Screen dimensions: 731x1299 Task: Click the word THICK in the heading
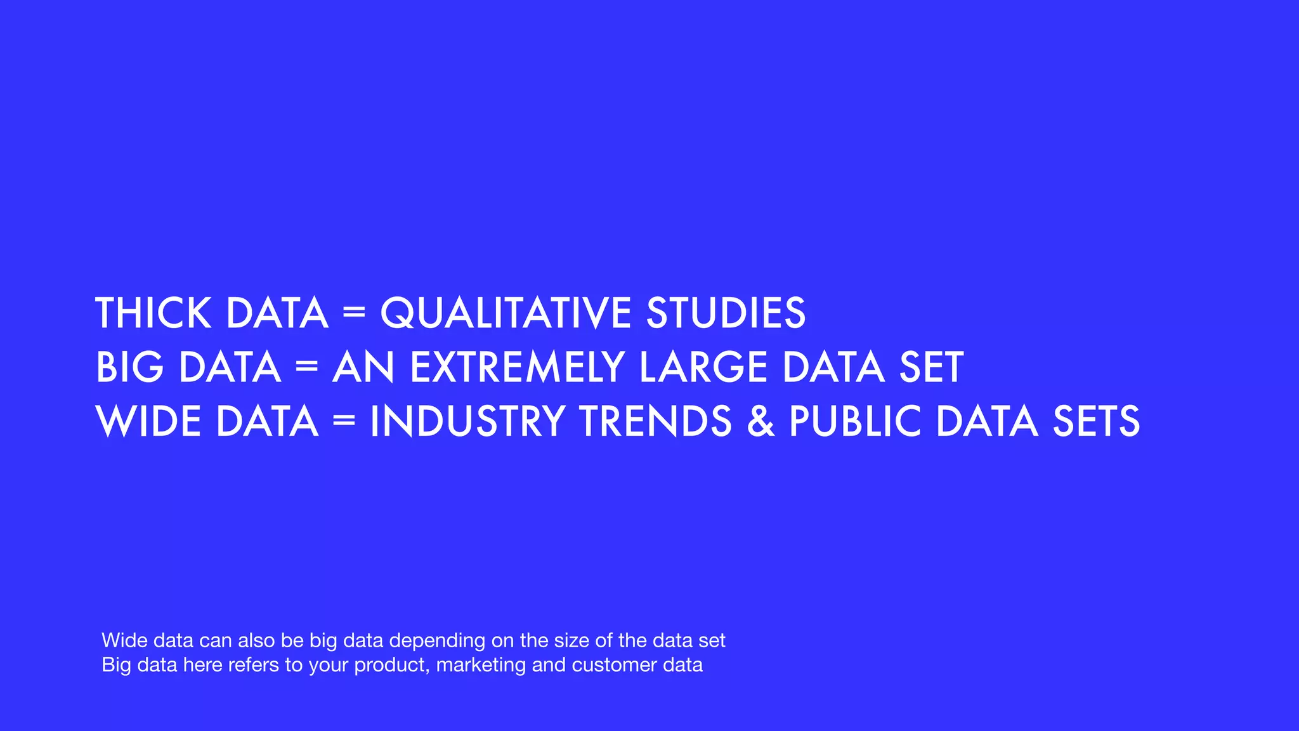(x=153, y=313)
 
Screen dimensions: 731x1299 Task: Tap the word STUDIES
(x=726, y=313)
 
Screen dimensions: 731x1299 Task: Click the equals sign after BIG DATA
(x=306, y=367)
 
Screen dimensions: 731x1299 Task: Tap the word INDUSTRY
(x=467, y=421)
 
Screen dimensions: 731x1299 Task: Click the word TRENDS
(x=656, y=421)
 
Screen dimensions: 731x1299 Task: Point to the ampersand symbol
(x=760, y=421)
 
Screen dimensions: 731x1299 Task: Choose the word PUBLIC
(x=855, y=421)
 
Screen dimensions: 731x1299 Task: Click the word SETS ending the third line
(x=1096, y=421)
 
